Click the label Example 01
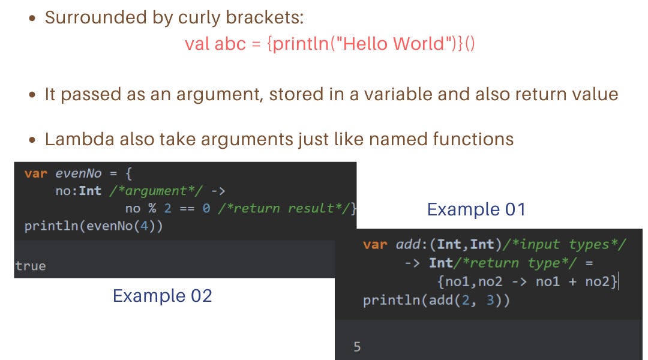(476, 209)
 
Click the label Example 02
(162, 296)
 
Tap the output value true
(30, 266)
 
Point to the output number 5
(357, 347)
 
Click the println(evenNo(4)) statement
(94, 227)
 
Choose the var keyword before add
(375, 245)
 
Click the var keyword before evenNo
(36, 174)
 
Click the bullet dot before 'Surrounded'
(34, 18)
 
